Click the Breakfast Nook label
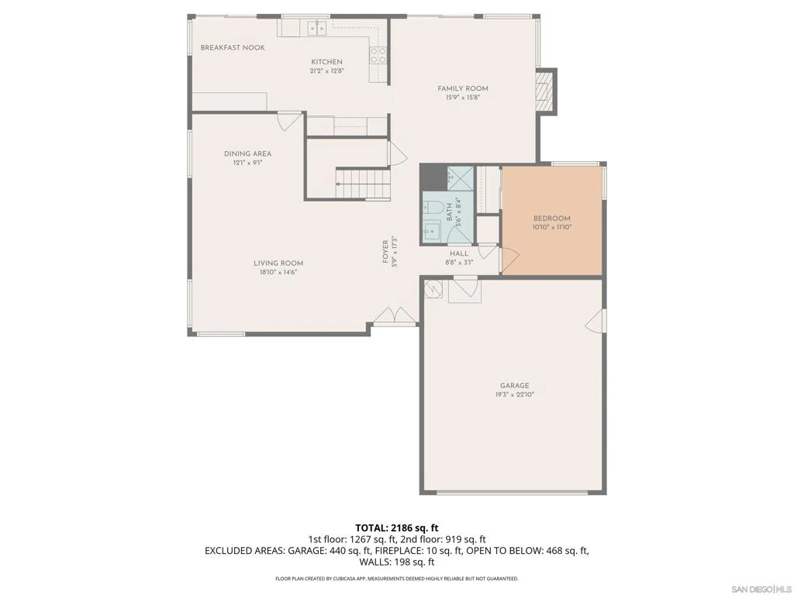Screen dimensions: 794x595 point(233,47)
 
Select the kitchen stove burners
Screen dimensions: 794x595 point(378,55)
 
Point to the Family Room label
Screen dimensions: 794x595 point(463,88)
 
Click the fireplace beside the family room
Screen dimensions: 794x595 point(545,91)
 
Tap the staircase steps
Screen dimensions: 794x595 point(363,184)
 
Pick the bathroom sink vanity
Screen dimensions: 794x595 point(433,231)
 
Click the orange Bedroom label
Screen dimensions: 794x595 point(551,218)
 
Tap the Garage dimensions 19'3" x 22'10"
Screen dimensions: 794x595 point(515,394)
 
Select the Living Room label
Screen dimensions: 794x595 point(278,263)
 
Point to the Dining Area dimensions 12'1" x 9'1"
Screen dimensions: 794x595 point(247,163)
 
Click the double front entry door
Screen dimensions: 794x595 point(395,314)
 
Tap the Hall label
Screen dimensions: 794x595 point(459,253)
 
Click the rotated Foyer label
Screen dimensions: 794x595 point(385,252)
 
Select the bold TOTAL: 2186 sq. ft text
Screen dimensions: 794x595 point(396,528)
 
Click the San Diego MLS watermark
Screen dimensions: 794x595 point(760,589)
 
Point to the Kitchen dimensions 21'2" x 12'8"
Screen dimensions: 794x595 point(327,71)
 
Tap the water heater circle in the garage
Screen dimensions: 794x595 point(434,289)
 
